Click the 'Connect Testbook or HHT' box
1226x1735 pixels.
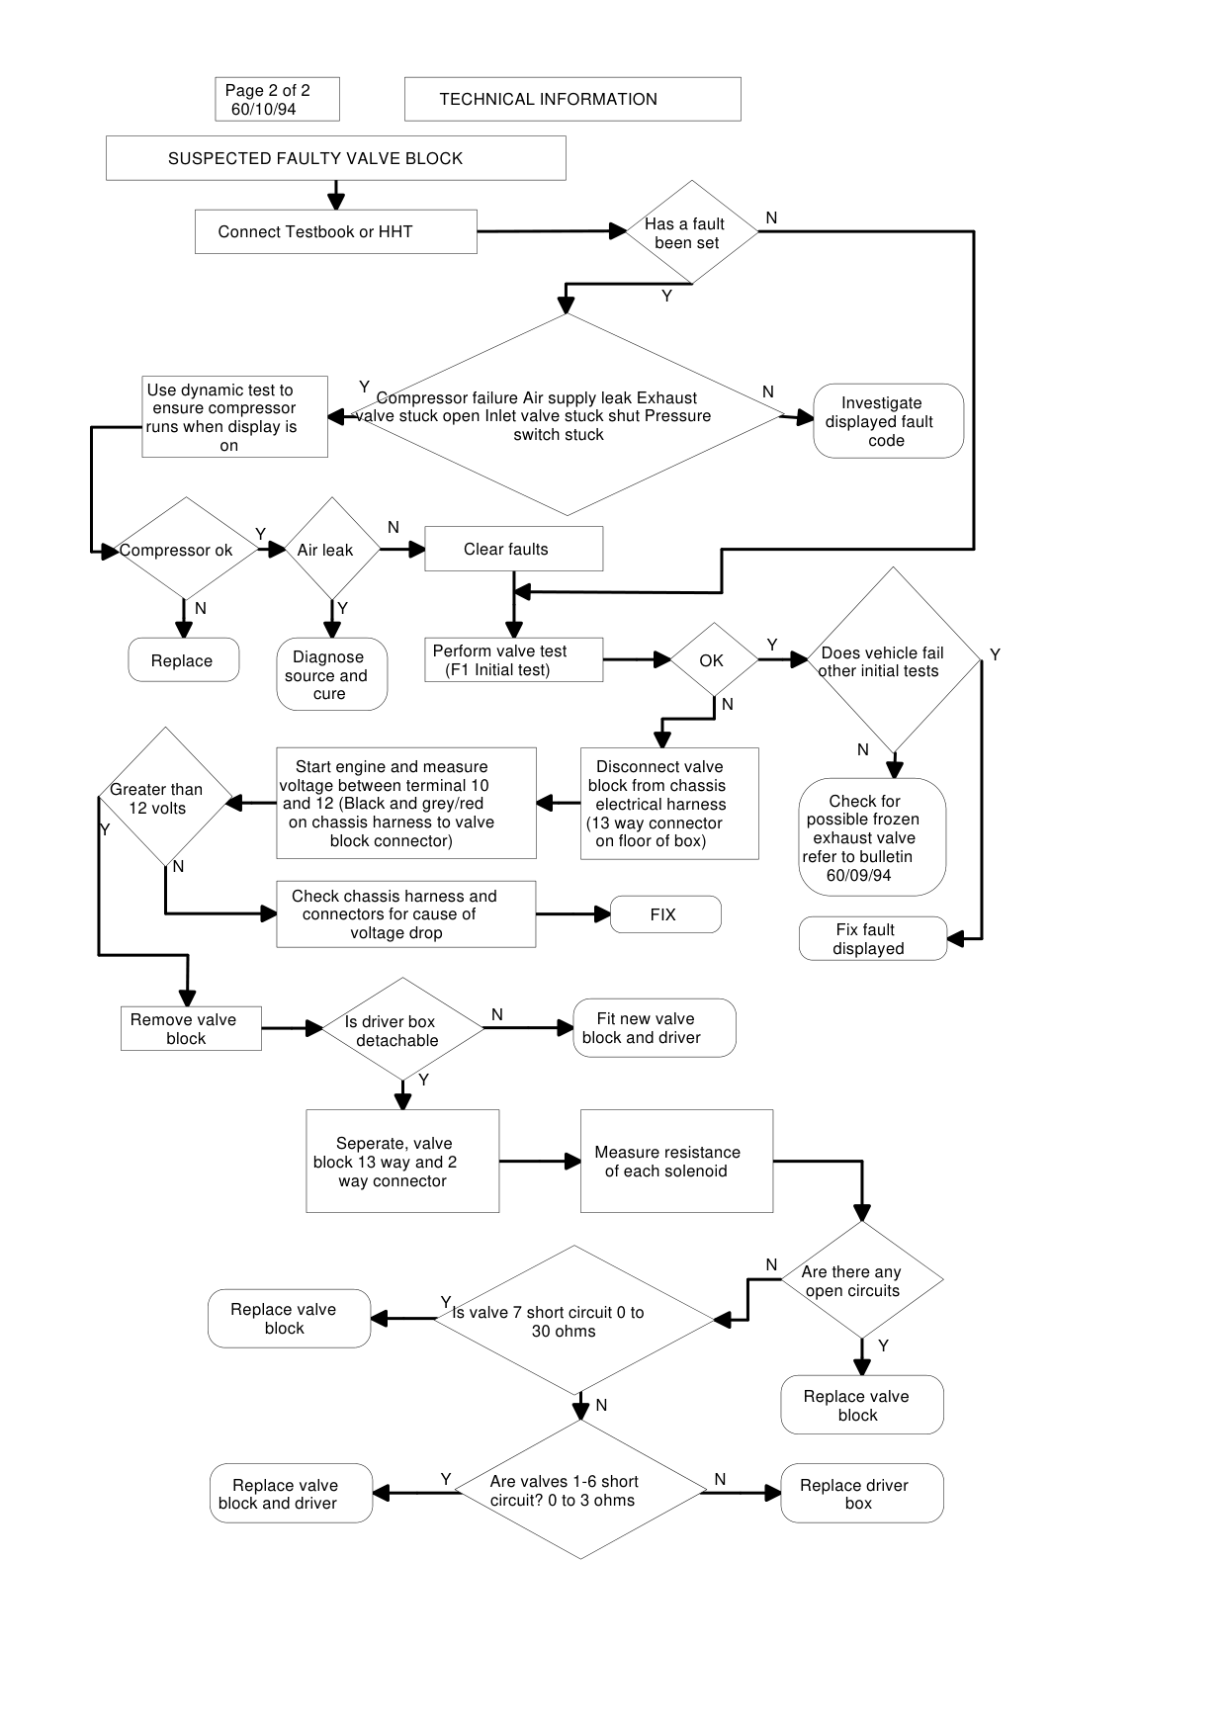click(335, 231)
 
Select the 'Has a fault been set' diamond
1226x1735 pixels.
click(692, 232)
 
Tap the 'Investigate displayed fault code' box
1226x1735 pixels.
click(888, 421)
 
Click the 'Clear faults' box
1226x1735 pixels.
click(513, 549)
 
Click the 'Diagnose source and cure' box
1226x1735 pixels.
click(332, 674)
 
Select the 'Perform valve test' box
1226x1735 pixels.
click(513, 659)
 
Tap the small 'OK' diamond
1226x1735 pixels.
click(714, 659)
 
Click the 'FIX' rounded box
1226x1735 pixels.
click(665, 914)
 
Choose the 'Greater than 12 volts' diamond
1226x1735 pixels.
click(165, 798)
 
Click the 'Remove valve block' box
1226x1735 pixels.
click(191, 1028)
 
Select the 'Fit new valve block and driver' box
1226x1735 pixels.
click(655, 1028)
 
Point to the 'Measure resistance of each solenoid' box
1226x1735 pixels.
click(676, 1161)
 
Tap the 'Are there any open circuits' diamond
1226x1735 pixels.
click(862, 1280)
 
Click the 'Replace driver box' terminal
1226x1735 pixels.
click(862, 1493)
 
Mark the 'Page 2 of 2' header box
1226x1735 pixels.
click(277, 99)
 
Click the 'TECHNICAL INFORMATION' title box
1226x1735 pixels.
click(572, 99)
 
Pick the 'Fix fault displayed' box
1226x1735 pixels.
click(872, 939)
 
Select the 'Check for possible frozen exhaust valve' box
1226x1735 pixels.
click(872, 837)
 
